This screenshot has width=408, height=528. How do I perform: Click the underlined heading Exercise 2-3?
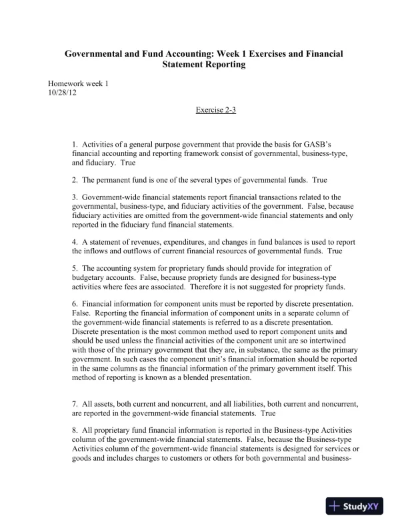point(216,109)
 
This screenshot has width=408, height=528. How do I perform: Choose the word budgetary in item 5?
point(90,279)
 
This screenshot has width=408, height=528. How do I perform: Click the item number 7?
point(75,404)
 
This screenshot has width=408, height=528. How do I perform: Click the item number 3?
point(75,197)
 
